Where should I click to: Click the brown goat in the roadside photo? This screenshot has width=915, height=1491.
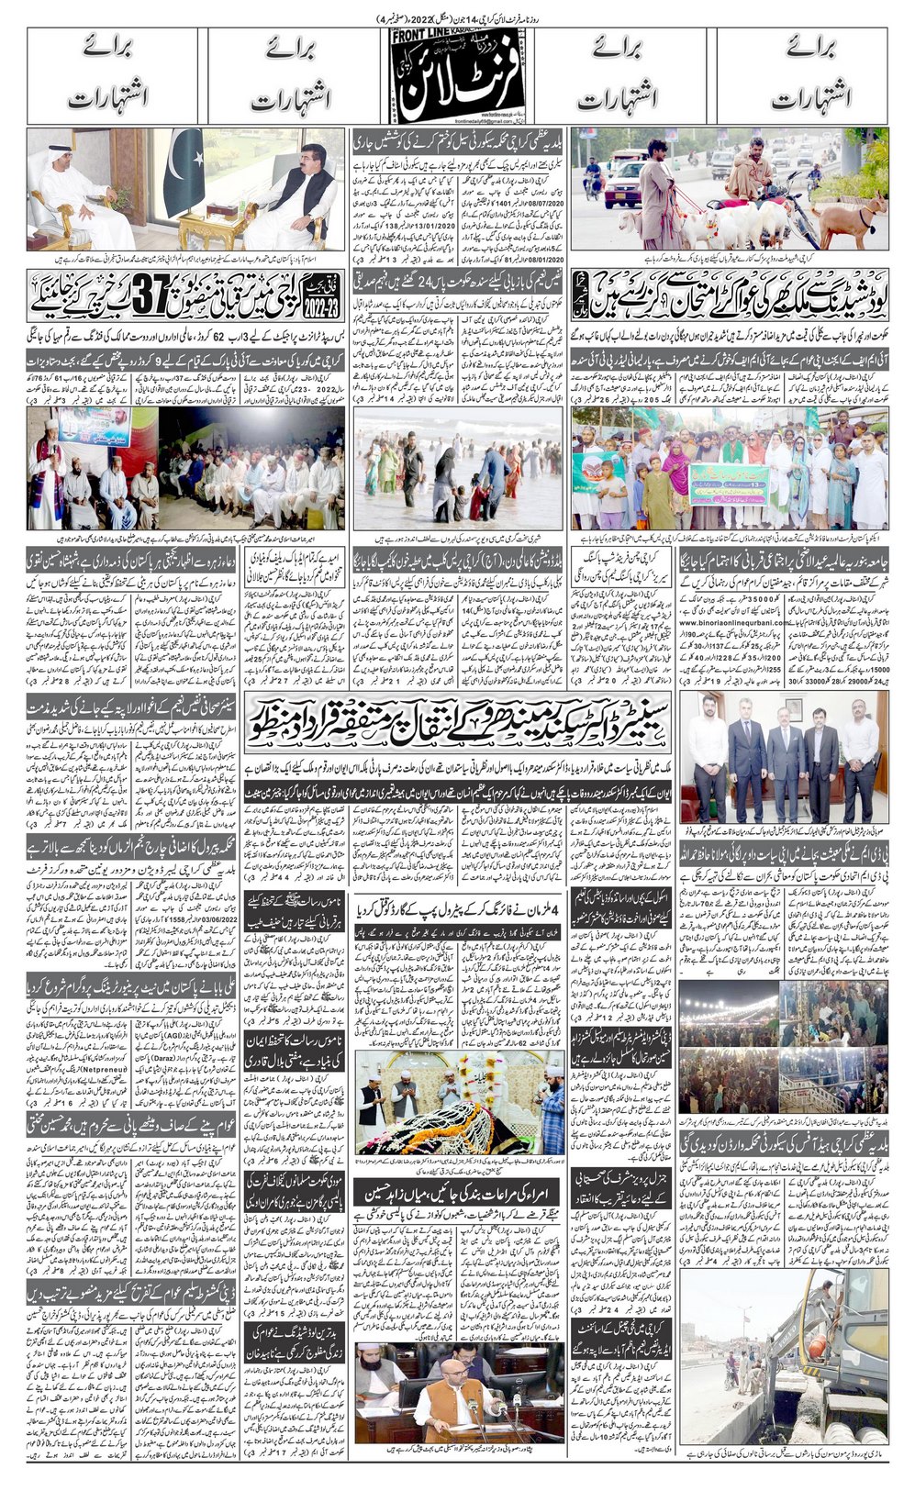[859, 225]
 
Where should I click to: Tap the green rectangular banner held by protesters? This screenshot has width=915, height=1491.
[729, 479]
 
